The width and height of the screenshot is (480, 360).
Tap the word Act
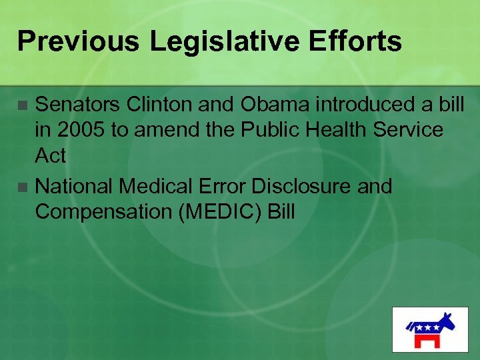coord(51,156)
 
